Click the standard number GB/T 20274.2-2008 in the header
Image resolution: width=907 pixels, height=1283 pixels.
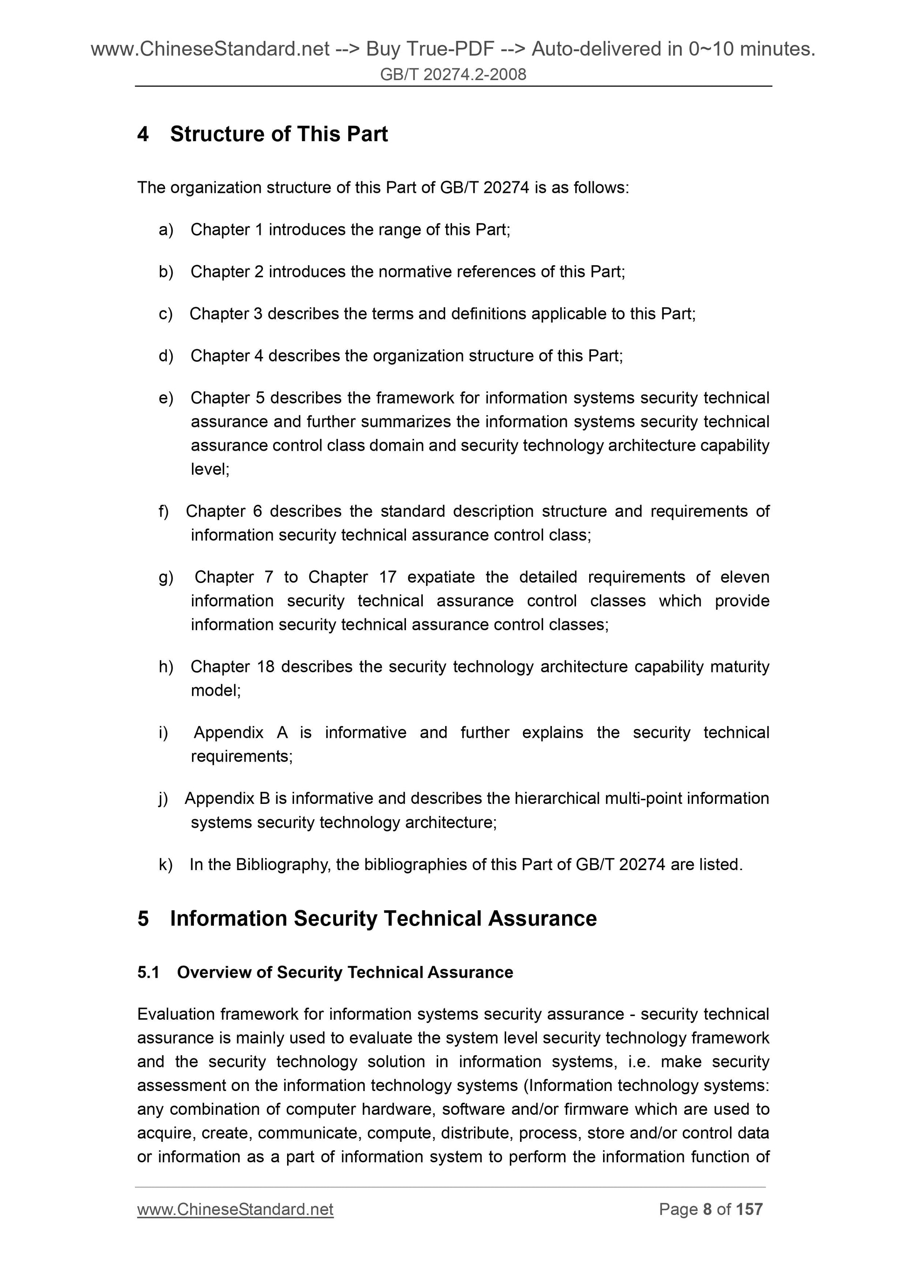[x=453, y=74]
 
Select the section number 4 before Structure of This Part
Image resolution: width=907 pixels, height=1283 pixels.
[x=143, y=134]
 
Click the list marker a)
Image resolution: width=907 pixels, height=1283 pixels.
[x=166, y=230]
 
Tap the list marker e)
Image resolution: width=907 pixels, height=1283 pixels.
[x=166, y=398]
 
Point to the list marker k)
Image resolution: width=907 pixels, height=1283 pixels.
[x=165, y=864]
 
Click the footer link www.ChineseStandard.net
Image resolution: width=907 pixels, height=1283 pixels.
[x=235, y=1209]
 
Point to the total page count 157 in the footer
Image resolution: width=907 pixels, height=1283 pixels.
[x=749, y=1209]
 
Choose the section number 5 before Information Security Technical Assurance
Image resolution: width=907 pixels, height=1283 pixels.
[x=143, y=919]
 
